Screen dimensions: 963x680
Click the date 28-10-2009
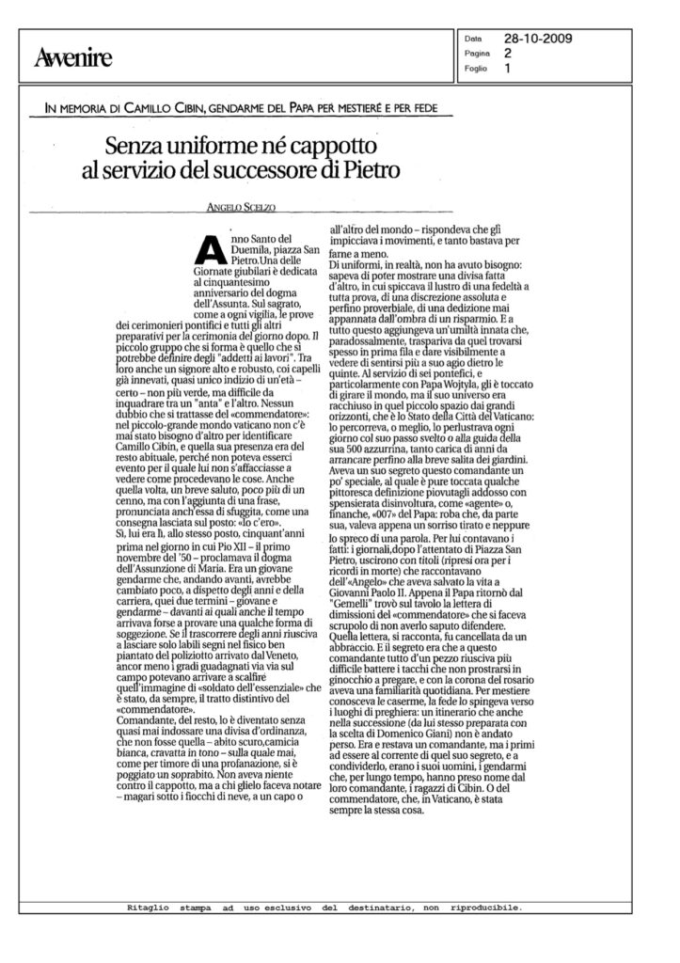(x=538, y=39)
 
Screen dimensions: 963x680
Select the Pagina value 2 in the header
(x=508, y=54)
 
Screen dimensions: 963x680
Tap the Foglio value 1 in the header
(x=508, y=69)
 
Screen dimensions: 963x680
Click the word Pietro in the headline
(x=373, y=171)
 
